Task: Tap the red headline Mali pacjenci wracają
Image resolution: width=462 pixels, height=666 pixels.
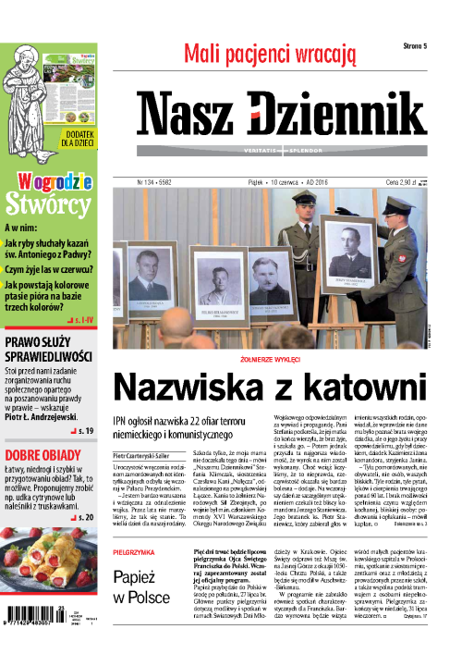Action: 269,54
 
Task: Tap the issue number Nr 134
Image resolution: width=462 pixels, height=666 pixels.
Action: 147,183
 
